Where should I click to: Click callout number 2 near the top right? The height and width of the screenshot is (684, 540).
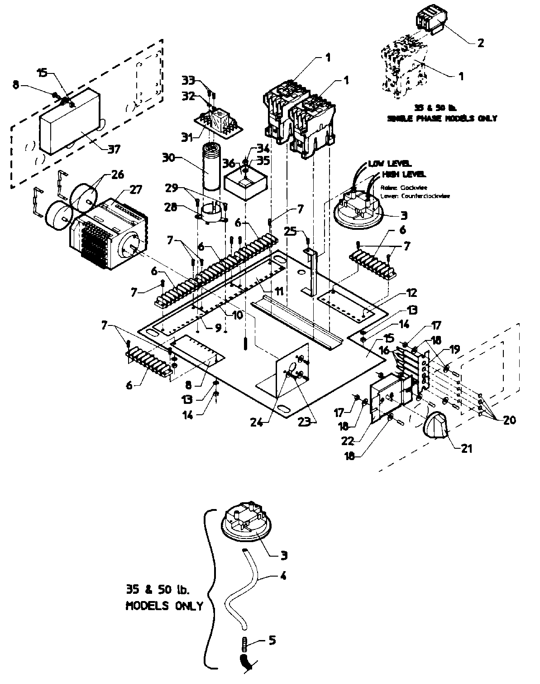click(480, 43)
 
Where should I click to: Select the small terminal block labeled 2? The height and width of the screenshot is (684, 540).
click(430, 23)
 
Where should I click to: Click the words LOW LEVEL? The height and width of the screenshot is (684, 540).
click(390, 164)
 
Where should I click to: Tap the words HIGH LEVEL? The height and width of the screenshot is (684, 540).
click(403, 174)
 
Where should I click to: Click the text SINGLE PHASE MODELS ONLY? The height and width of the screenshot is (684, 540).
click(442, 118)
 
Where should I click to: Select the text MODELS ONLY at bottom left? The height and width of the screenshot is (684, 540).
click(164, 606)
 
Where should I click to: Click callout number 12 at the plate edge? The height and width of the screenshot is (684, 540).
click(411, 293)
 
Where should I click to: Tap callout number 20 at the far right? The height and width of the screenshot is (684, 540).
click(509, 420)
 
